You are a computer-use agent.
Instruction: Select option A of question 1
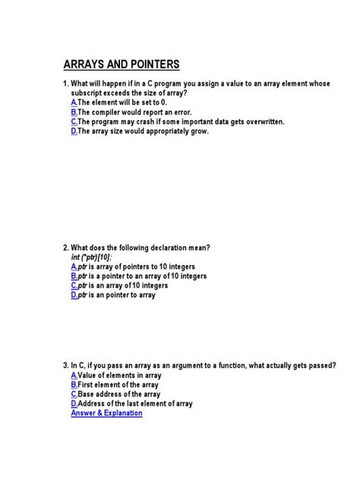pos(74,102)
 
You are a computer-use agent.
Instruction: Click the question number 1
pos(65,82)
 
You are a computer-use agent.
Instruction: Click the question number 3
pos(65,365)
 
